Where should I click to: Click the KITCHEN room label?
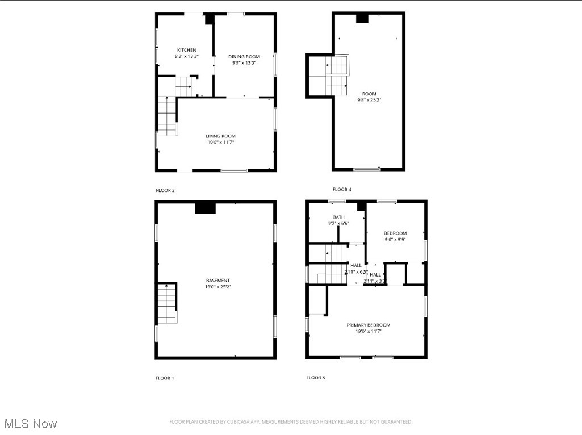pyautogui.click(x=186, y=50)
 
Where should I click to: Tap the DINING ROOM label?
pyautogui.click(x=244, y=57)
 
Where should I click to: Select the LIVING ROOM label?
pyautogui.click(x=220, y=136)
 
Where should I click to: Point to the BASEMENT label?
pyautogui.click(x=218, y=281)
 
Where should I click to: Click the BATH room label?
pyautogui.click(x=338, y=217)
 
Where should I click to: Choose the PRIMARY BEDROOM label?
pyautogui.click(x=369, y=325)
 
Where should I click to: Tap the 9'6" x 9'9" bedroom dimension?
pyautogui.click(x=395, y=240)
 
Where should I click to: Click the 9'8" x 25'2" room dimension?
pyautogui.click(x=369, y=100)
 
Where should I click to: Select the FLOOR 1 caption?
pyautogui.click(x=165, y=378)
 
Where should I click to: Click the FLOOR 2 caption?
pyautogui.click(x=165, y=190)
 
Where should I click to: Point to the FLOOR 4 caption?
pyautogui.click(x=342, y=189)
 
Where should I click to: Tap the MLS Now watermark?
pyautogui.click(x=31, y=424)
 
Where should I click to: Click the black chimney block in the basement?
pyautogui.click(x=205, y=208)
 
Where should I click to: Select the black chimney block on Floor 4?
pyautogui.click(x=362, y=18)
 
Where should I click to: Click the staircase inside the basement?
pyautogui.click(x=168, y=303)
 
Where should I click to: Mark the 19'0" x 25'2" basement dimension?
pyautogui.click(x=218, y=287)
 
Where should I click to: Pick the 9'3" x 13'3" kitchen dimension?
pyautogui.click(x=186, y=56)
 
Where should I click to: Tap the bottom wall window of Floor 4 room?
pyautogui.click(x=367, y=169)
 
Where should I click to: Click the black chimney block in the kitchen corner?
pyautogui.click(x=209, y=19)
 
